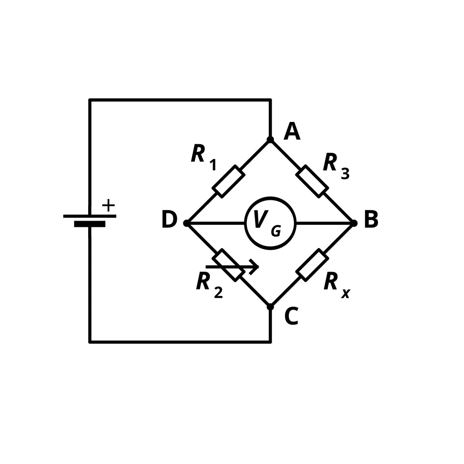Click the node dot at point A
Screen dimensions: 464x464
(270, 139)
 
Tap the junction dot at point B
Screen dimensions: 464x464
(354, 223)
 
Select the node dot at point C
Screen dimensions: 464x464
(270, 307)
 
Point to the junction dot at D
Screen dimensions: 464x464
(186, 223)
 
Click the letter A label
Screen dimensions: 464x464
(292, 131)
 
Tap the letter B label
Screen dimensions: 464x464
(371, 219)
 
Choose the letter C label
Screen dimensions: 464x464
(291, 316)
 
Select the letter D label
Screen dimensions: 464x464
(170, 219)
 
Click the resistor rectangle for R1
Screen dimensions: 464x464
(229, 181)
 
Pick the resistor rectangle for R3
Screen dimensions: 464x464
(312, 181)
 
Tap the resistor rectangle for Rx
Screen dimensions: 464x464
(312, 265)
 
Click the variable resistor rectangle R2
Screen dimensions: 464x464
(229, 265)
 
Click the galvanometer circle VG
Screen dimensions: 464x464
(270, 198)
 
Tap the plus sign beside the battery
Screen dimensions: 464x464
(108, 205)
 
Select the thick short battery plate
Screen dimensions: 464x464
(90, 224)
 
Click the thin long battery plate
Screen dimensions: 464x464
(90, 216)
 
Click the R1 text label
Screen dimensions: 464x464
(204, 157)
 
